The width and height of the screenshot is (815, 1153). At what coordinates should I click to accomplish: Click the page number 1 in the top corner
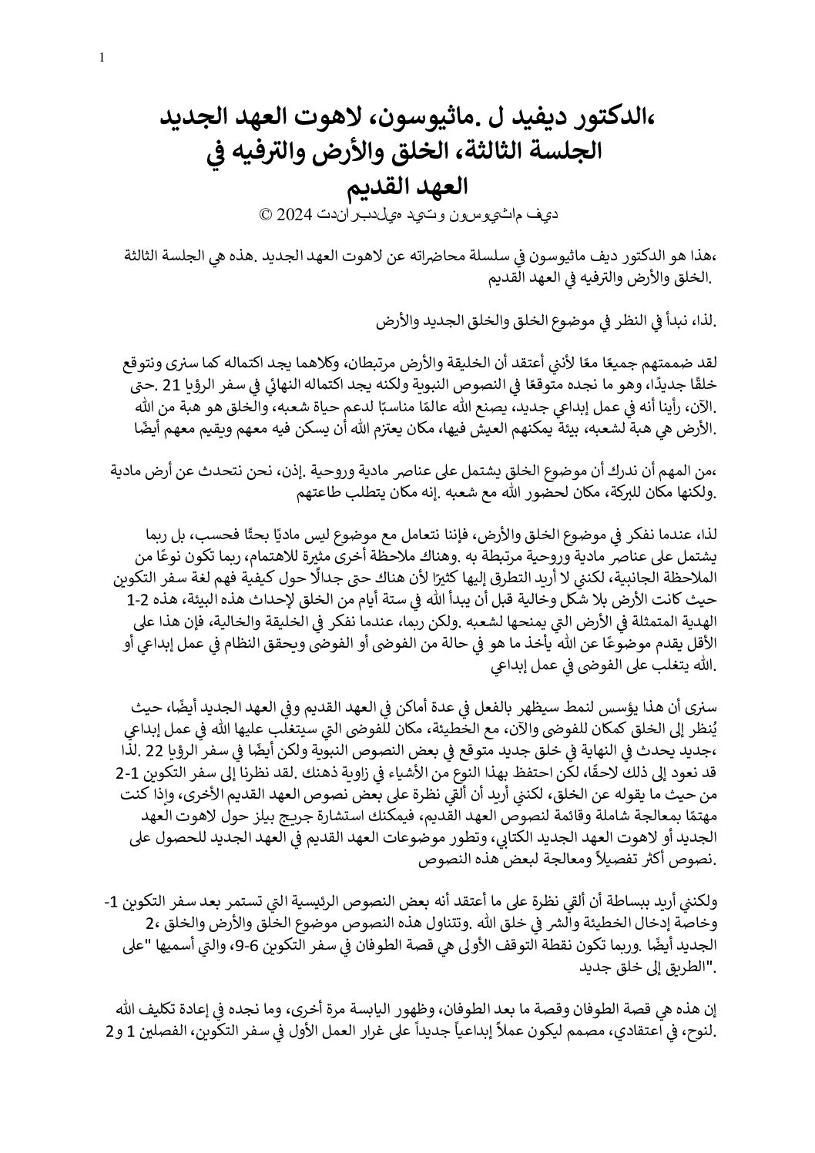pyautogui.click(x=102, y=58)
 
